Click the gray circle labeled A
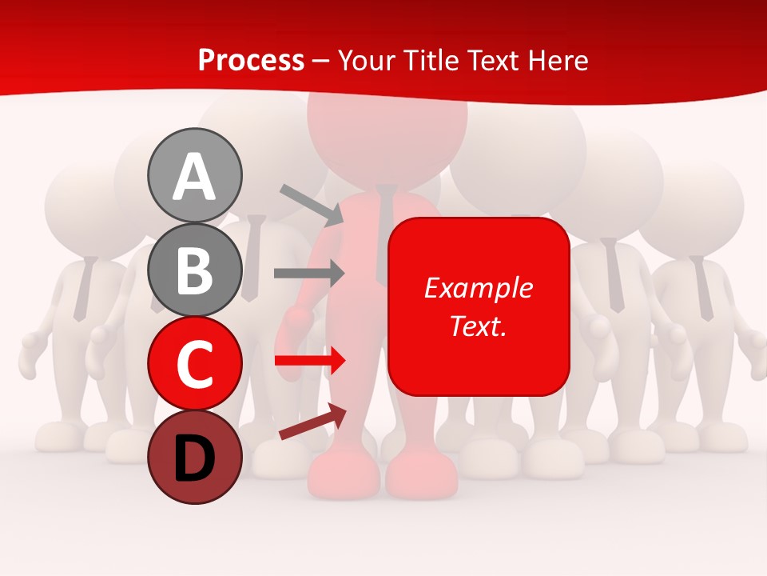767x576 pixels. click(194, 175)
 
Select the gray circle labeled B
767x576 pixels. click(194, 270)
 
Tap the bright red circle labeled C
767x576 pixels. click(194, 363)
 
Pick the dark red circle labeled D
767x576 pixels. click(194, 457)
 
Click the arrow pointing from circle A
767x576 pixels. click(312, 203)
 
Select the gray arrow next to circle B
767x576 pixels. click(308, 274)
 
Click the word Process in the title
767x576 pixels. click(251, 60)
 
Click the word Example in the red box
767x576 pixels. click(478, 288)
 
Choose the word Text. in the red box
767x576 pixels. click(478, 326)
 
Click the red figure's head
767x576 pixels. click(387, 128)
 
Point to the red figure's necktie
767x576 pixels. click(386, 232)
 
